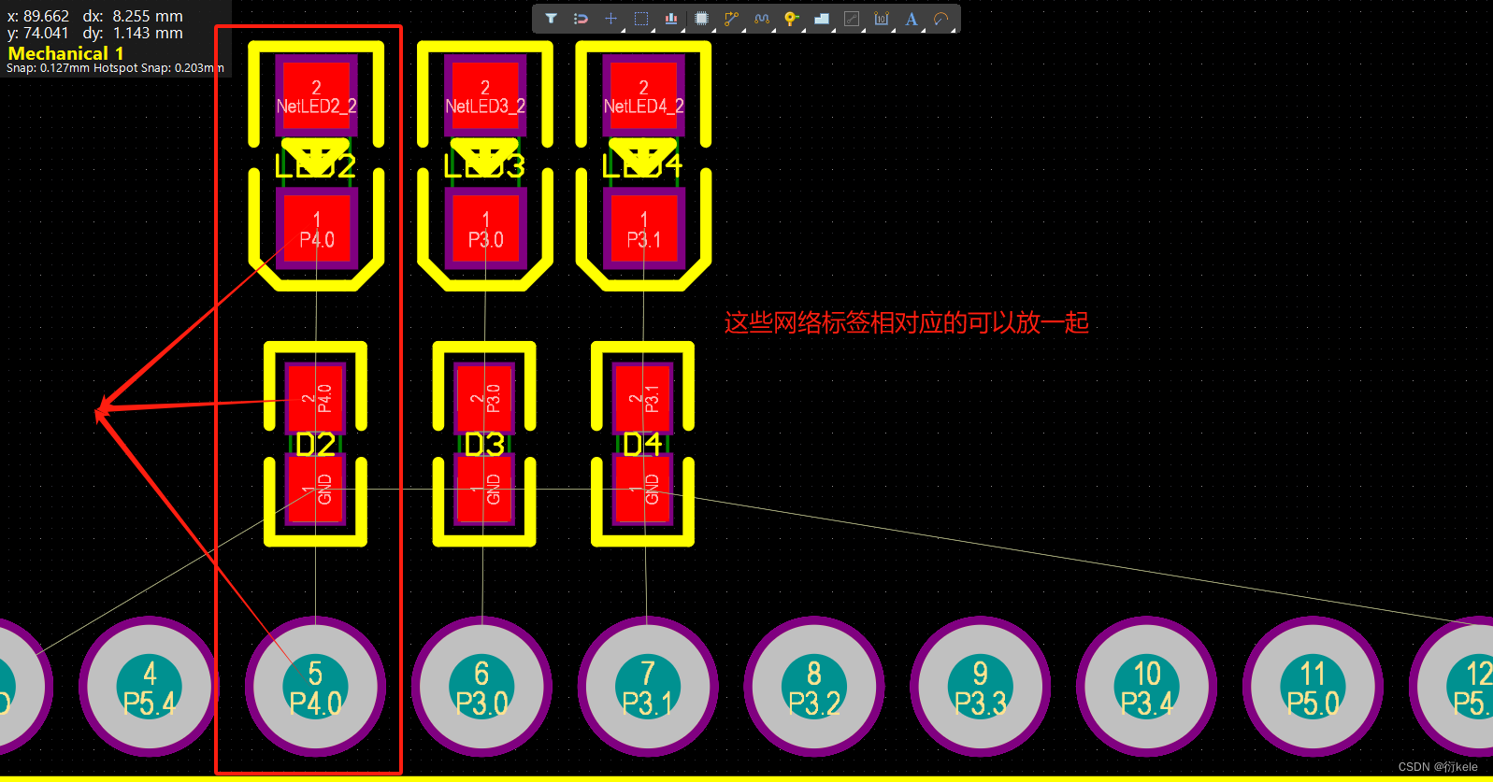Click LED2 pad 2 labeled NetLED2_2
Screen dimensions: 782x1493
(x=316, y=94)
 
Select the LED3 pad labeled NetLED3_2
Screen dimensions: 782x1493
(x=484, y=94)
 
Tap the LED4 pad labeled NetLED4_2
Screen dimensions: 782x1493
(x=643, y=94)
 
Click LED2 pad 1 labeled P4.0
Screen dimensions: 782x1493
(x=316, y=229)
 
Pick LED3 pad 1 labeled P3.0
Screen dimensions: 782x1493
(x=484, y=229)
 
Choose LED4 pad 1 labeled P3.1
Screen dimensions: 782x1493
(x=643, y=229)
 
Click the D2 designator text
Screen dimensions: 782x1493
(x=315, y=445)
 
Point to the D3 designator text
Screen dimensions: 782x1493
(x=484, y=445)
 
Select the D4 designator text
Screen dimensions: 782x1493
(x=643, y=445)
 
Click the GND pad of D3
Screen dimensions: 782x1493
(x=484, y=489)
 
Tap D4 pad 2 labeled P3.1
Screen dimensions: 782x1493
(x=643, y=398)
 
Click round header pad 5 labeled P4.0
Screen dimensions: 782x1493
(x=315, y=687)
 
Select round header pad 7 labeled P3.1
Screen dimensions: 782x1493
(x=647, y=687)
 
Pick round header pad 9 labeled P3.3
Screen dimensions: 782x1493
(x=980, y=687)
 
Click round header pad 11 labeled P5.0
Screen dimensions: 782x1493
(x=1313, y=687)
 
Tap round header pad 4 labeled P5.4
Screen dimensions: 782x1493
(x=149, y=687)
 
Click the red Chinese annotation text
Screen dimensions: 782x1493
(x=906, y=323)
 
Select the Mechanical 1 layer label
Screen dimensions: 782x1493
(x=65, y=53)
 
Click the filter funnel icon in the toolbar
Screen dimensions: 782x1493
(x=551, y=19)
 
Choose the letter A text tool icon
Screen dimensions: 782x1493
(x=912, y=19)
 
